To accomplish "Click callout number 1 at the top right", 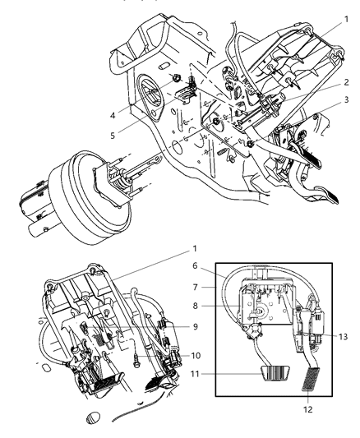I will click(348, 19).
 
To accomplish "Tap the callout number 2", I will click(348, 82).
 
